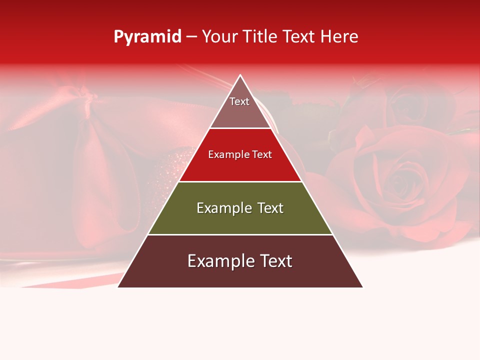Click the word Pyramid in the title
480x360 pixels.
point(147,37)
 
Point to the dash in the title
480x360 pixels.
point(191,37)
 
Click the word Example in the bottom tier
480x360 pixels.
point(218,261)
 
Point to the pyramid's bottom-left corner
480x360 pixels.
point(118,287)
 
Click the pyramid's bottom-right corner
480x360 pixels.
point(362,287)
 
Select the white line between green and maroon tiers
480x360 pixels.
point(240,234)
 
